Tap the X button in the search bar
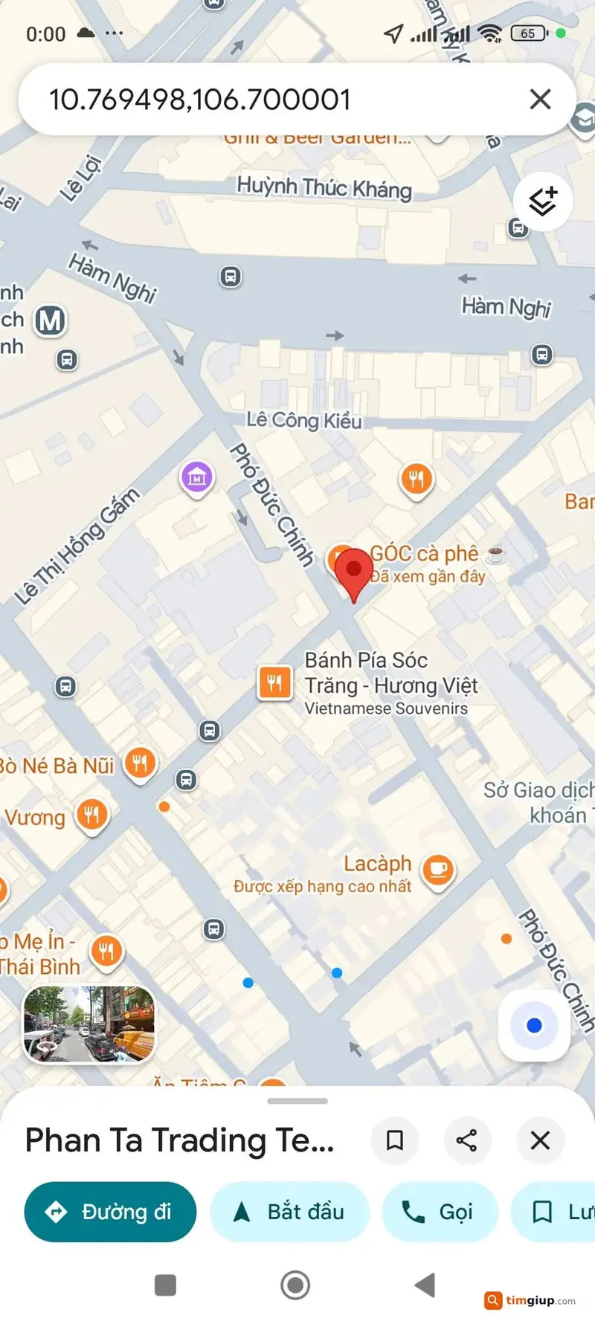click(x=540, y=99)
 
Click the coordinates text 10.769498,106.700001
click(x=199, y=100)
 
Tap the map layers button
click(x=543, y=201)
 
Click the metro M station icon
click(x=50, y=321)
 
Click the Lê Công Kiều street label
click(x=304, y=420)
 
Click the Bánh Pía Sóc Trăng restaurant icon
click(x=274, y=682)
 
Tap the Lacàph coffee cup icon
click(x=438, y=868)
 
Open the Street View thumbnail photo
click(x=89, y=1024)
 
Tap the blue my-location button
click(x=533, y=1026)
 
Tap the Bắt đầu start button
click(x=289, y=1212)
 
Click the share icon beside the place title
click(x=466, y=1140)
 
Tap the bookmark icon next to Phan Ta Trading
click(x=395, y=1140)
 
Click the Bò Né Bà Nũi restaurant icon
click(x=140, y=763)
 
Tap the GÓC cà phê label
click(x=425, y=553)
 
